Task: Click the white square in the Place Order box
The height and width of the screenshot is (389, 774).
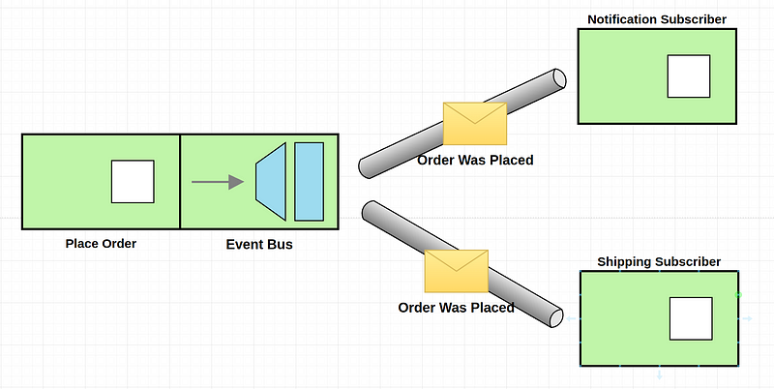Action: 133,181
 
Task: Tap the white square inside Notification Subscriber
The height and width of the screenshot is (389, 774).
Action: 689,76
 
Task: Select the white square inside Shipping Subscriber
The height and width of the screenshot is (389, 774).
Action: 691,318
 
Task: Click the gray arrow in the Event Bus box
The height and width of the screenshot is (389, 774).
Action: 218,182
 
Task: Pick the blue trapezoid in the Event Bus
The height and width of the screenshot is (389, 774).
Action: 271,181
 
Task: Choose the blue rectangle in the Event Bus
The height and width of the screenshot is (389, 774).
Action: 309,181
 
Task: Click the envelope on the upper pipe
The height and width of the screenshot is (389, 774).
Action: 475,124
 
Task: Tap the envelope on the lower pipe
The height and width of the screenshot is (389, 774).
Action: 456,271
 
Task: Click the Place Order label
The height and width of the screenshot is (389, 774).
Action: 101,244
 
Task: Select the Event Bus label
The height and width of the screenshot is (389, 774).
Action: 259,245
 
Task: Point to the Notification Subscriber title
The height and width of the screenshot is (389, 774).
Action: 657,19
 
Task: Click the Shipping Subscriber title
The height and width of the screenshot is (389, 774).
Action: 659,261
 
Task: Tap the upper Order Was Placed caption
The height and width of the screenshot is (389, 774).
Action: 475,160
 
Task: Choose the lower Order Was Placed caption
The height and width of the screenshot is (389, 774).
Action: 456,308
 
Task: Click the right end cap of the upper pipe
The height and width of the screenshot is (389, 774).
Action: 559,79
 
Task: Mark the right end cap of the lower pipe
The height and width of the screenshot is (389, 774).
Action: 556,318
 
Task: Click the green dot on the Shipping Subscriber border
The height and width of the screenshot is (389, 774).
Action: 738,295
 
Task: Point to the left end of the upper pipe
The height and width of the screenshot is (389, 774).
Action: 366,167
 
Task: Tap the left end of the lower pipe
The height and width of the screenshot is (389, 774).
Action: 370,210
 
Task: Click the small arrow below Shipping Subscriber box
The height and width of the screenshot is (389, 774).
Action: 660,374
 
